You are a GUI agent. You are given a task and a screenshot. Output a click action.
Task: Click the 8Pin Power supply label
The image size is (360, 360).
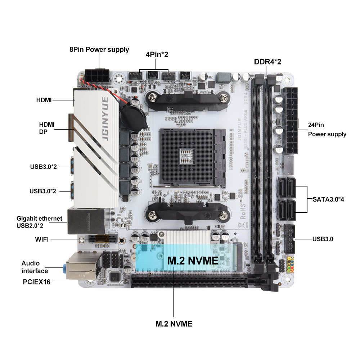coord(99,50)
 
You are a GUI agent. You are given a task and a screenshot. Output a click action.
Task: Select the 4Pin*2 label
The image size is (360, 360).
coord(157,55)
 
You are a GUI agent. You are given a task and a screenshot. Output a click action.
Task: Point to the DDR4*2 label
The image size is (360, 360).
coord(267,62)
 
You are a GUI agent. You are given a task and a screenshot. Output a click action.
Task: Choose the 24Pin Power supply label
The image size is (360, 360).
coord(327,130)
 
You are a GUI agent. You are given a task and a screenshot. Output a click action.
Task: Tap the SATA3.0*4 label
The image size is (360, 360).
coord(328,199)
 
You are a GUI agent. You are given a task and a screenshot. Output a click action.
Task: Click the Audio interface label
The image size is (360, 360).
coord(35,267)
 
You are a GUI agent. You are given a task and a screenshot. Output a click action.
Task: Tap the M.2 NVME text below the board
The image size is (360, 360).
coord(174,324)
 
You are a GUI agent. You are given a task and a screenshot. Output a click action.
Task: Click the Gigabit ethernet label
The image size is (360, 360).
coord(40,219)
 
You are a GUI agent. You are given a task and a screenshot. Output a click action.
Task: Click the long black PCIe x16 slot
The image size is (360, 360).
coord(189,282)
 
